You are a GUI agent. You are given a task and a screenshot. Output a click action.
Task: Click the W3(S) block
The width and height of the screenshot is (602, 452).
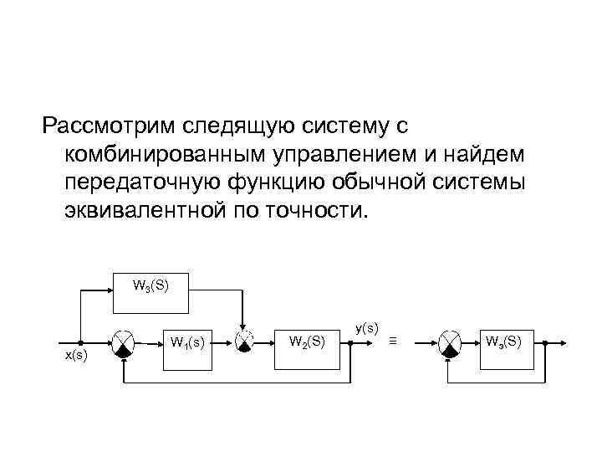tap(150, 287)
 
